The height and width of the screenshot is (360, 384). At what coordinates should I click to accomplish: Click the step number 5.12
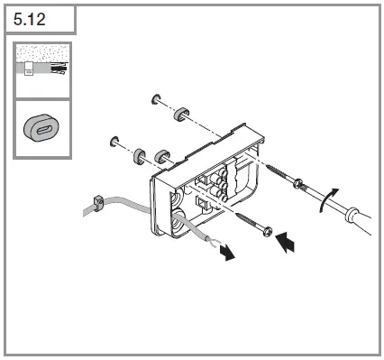coord(30,19)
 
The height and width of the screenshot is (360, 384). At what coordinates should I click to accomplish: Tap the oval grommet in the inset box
coord(41,128)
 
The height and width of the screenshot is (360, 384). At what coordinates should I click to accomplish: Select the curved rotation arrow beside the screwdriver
coord(328,199)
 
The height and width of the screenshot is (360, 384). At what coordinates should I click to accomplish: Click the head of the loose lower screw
coord(268,232)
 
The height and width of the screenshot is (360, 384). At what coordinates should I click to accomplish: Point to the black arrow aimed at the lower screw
coord(285,242)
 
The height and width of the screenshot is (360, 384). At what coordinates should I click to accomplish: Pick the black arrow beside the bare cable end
coord(227,252)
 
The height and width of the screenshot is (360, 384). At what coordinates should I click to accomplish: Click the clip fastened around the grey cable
coord(98,203)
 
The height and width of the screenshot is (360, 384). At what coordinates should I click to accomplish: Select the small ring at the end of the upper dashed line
coord(156,99)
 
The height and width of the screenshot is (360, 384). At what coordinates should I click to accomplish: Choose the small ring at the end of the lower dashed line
coord(114,141)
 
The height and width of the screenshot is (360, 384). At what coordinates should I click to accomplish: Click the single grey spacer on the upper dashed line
coord(181,114)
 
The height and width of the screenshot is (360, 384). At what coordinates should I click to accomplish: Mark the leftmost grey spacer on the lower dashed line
coord(140,156)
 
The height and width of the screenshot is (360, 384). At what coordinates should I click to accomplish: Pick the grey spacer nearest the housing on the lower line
coord(161,156)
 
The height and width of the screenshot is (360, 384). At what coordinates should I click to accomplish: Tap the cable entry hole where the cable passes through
coord(179,220)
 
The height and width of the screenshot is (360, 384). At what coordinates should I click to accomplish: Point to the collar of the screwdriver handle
coord(351,215)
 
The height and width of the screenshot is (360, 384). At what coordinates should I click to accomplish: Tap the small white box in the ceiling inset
coord(29,69)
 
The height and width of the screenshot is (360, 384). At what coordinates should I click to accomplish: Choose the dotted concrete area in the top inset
coord(42,53)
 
